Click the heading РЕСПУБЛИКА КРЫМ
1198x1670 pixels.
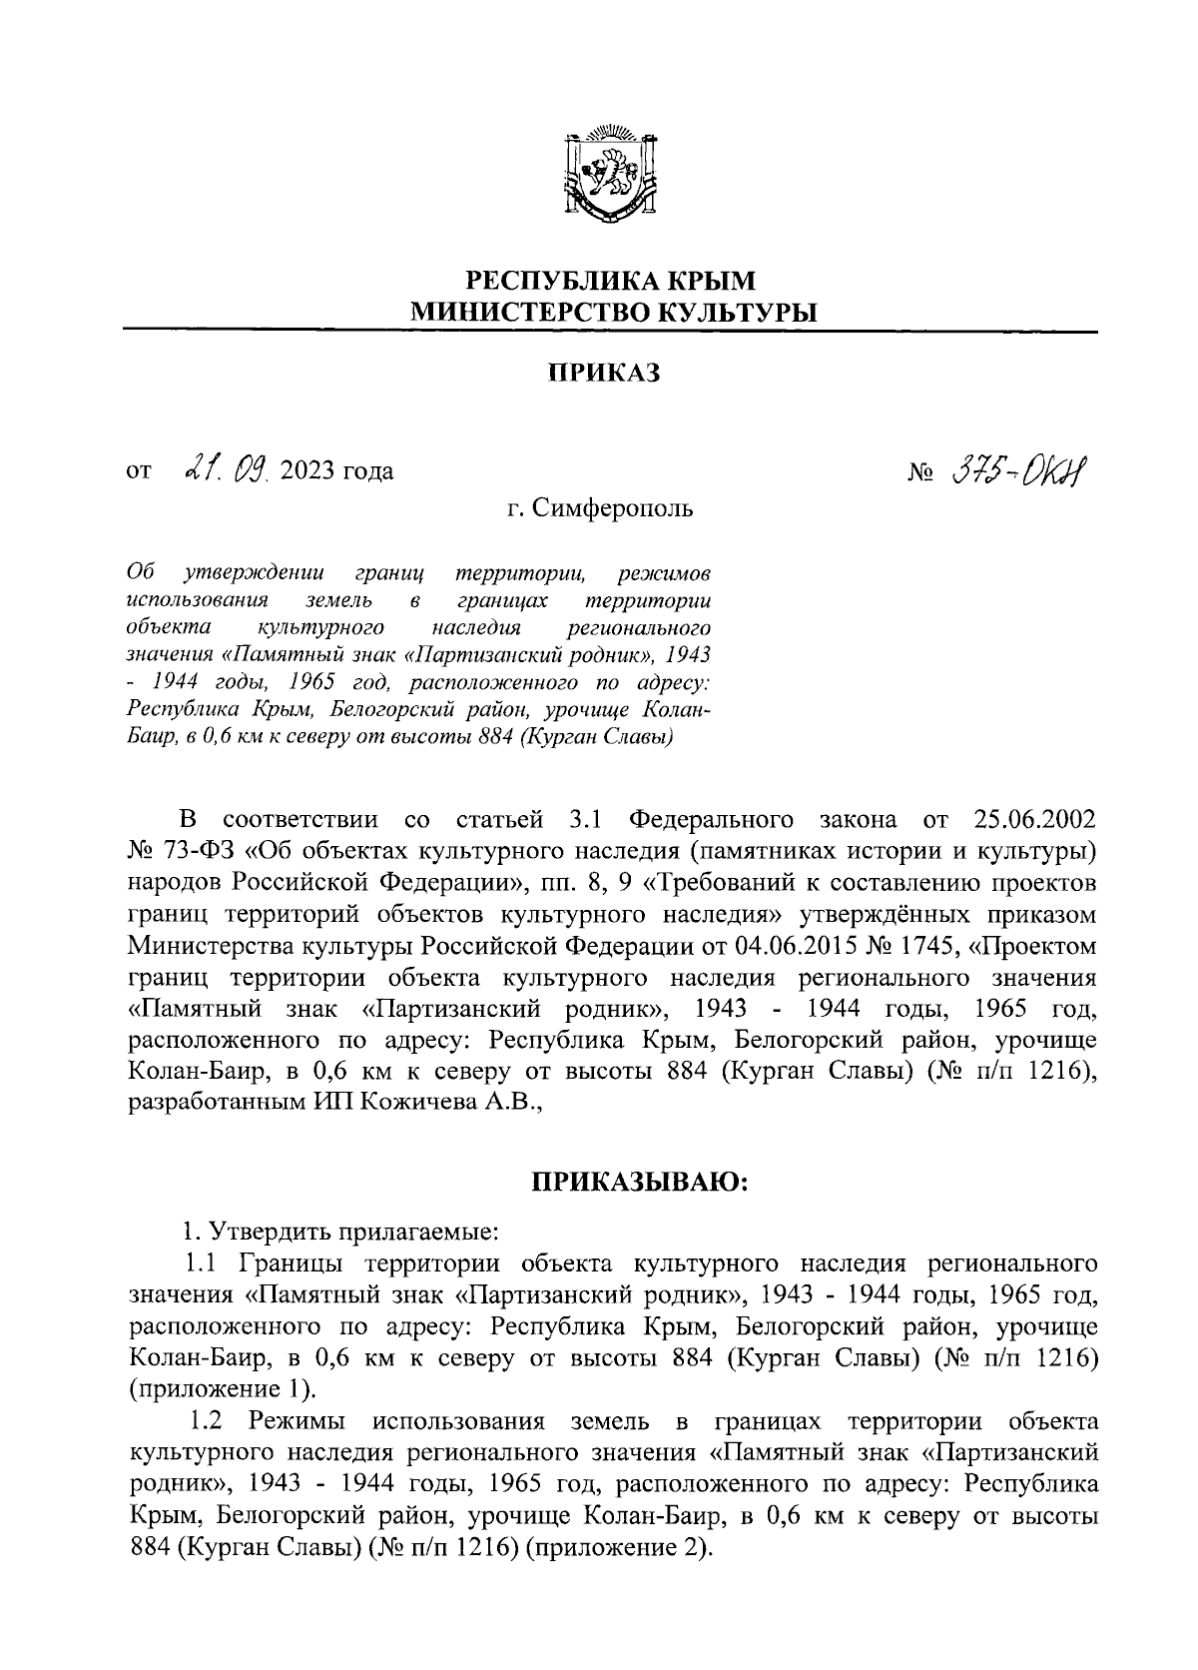point(613,281)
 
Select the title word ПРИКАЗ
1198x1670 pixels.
point(605,374)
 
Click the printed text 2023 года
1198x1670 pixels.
point(337,470)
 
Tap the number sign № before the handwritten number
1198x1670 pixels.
point(918,470)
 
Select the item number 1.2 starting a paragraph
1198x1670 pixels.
point(210,1421)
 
